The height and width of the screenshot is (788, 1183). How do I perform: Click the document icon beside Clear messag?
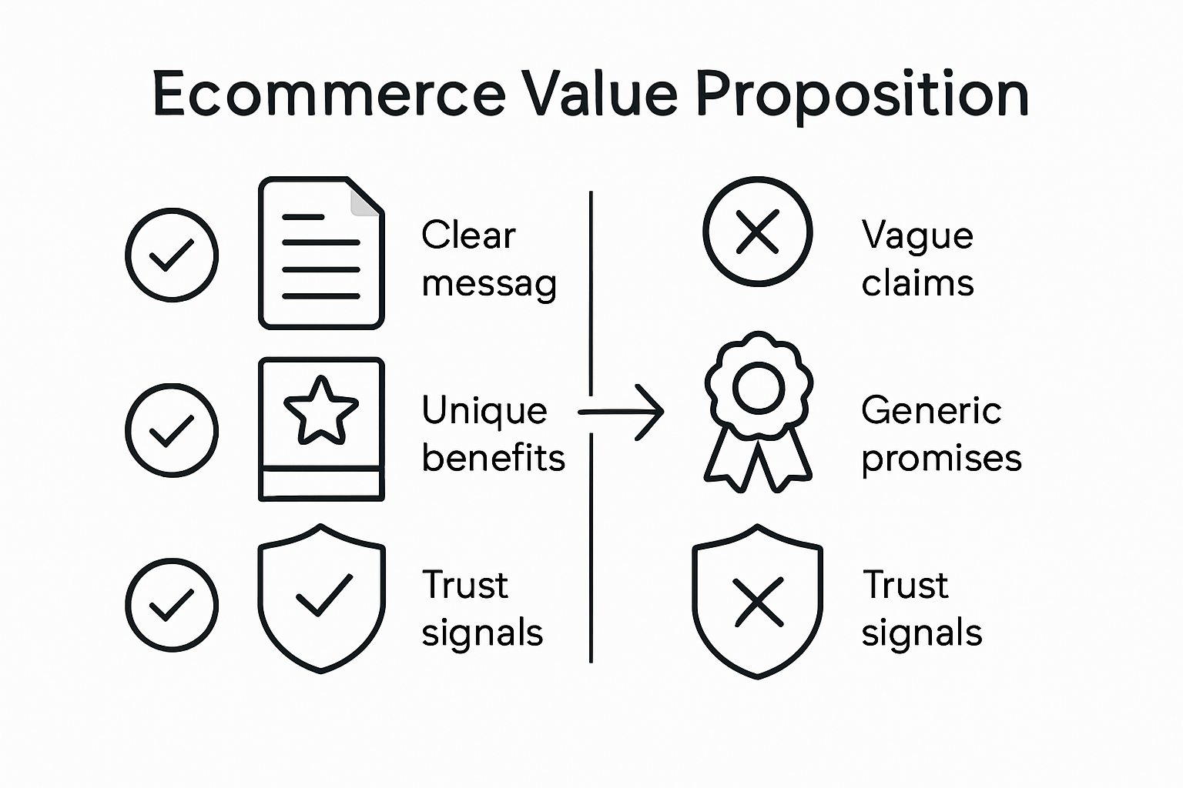pos(320,254)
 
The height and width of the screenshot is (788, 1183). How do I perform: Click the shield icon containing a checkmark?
pos(320,598)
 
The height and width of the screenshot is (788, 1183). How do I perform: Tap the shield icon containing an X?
pos(758,602)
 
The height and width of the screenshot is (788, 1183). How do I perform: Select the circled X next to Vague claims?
pos(758,232)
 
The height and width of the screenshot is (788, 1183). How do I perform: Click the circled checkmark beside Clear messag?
pos(171,255)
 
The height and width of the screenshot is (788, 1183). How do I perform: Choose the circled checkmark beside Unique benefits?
pos(171,430)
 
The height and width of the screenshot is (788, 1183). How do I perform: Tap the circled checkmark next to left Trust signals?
pos(171,606)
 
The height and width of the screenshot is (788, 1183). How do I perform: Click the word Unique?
pos(484,411)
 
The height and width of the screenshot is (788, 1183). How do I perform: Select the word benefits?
pos(493,459)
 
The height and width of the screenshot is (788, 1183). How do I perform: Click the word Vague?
pos(917,236)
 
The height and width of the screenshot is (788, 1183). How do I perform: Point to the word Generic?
pos(930,410)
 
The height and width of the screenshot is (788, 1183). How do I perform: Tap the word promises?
pos(941,459)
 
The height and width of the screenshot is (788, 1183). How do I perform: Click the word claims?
pos(917,284)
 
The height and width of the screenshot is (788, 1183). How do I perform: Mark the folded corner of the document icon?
pos(364,201)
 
